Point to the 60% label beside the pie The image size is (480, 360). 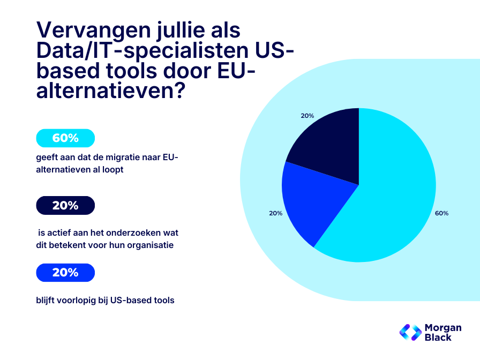coord(441,213)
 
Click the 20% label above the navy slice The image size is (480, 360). coord(307,116)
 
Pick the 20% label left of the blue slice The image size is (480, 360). coord(275,213)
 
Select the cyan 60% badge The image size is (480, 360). coord(65,138)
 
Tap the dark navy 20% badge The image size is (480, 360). coord(65,205)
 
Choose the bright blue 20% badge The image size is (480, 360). coord(65,272)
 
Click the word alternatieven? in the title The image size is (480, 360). coord(110,91)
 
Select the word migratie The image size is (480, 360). coord(130,158)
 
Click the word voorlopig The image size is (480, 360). coord(77,300)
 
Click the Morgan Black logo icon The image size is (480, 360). coord(410,332)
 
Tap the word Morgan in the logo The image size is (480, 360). coord(442,327)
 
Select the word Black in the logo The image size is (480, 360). coord(438,337)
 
